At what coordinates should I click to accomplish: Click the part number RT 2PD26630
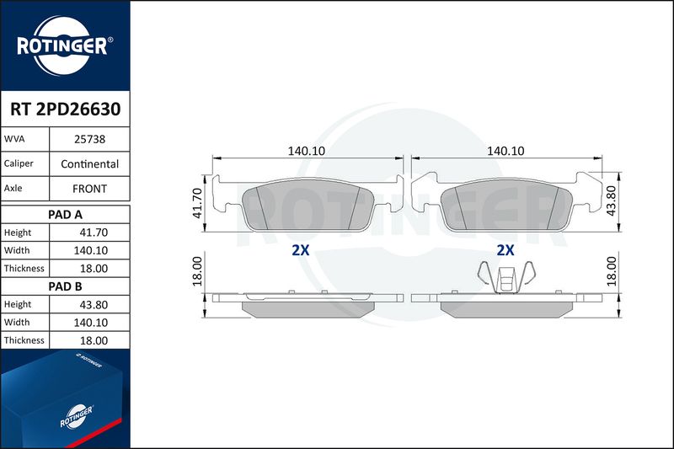[x=66, y=110]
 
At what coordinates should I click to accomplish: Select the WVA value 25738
[x=90, y=139]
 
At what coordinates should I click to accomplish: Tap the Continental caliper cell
[x=90, y=163]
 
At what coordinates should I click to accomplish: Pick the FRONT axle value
[x=90, y=189]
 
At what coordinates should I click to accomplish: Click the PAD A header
[x=66, y=215]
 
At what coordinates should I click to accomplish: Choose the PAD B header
[x=66, y=286]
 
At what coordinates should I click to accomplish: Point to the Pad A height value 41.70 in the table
[x=94, y=233]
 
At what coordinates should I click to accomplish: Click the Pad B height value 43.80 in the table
[x=94, y=305]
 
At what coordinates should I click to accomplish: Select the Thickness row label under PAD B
[x=24, y=340]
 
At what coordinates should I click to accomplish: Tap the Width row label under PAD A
[x=17, y=250]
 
